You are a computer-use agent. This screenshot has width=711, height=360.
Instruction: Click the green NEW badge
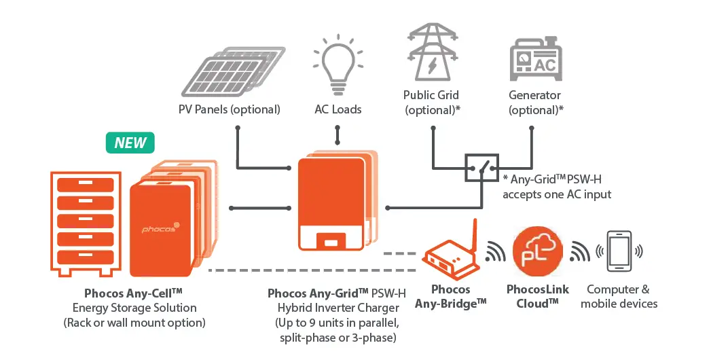130,143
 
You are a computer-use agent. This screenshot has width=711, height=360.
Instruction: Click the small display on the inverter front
331,241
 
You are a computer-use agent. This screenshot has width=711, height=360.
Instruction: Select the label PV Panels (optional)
230,109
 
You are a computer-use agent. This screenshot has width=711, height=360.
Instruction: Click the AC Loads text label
338,109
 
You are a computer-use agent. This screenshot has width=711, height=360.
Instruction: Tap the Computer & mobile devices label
619,297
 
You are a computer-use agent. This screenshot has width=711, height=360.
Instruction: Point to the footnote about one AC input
556,187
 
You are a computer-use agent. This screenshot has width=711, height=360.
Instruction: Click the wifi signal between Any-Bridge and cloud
496,253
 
